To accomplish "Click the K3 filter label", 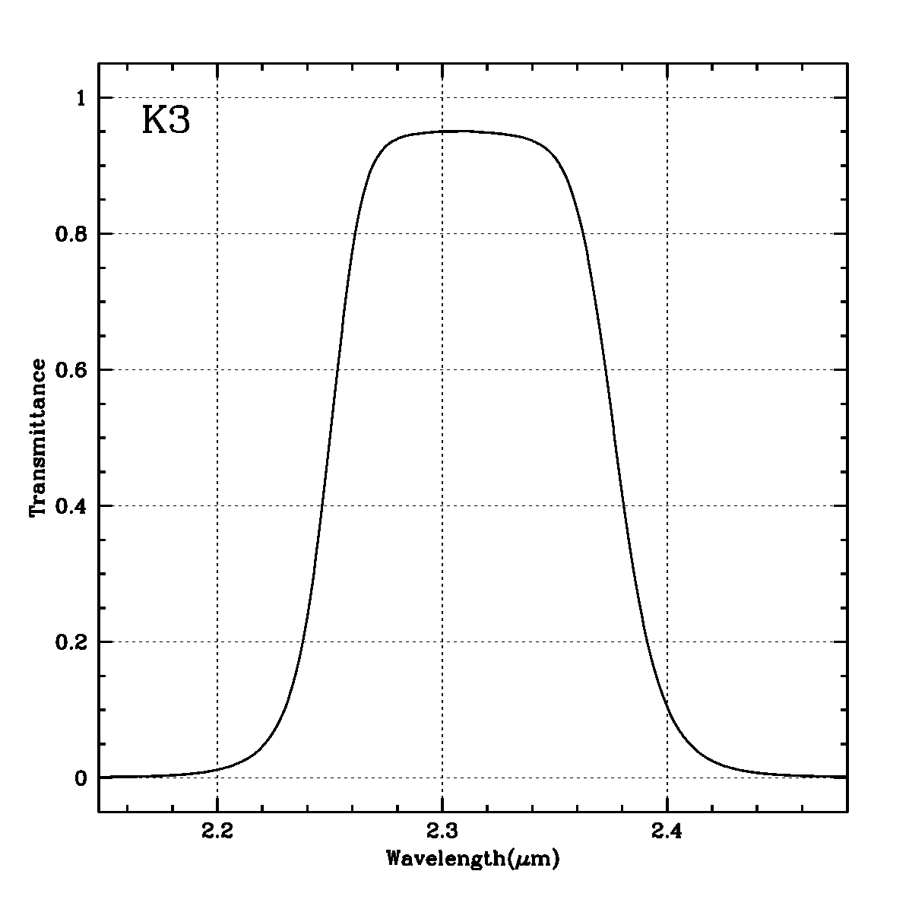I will [166, 122].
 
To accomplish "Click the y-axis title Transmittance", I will [37, 438].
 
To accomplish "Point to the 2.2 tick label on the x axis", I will [217, 831].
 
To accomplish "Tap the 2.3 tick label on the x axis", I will [442, 831].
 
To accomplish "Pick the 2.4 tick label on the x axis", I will [667, 831].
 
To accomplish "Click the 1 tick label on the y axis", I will [82, 98].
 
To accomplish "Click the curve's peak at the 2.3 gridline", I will [442, 131].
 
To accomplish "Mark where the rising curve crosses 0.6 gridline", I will [336, 369].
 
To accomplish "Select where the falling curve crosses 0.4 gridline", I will [624, 505].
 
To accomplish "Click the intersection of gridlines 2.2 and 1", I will [217, 97].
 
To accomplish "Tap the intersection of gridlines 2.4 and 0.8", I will [667, 233].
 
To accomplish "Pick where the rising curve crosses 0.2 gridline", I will [302, 641].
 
